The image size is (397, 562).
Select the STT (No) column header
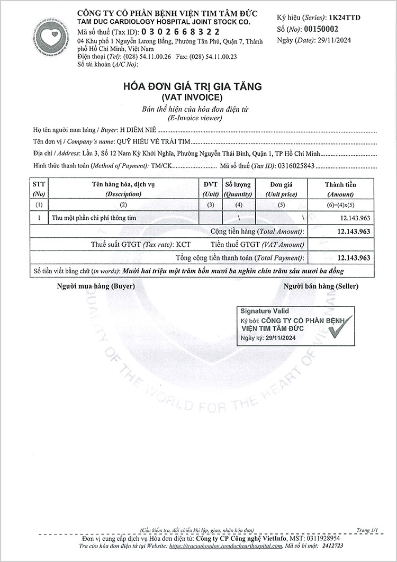39,189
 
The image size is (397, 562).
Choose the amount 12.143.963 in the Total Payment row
353,258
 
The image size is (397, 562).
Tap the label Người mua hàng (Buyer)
96,286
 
